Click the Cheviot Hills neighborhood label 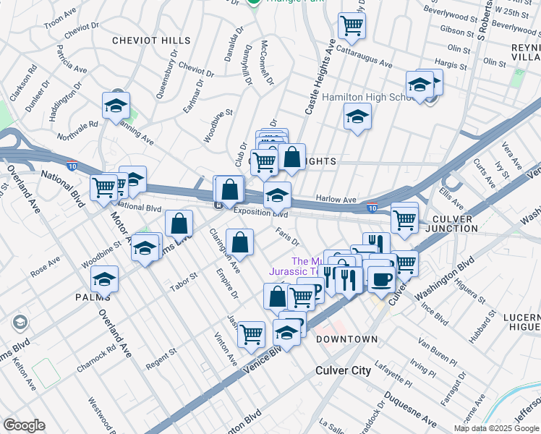151,41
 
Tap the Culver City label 344,370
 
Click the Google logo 24,425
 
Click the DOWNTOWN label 346,339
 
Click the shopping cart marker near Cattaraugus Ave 352,25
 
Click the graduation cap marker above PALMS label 105,278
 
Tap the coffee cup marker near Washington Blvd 381,278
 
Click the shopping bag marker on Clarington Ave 239,242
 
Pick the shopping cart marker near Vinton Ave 251,334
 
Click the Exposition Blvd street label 260,214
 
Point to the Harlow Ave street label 336,200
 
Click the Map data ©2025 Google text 495,428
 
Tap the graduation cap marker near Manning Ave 116,106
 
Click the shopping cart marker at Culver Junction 404,217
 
